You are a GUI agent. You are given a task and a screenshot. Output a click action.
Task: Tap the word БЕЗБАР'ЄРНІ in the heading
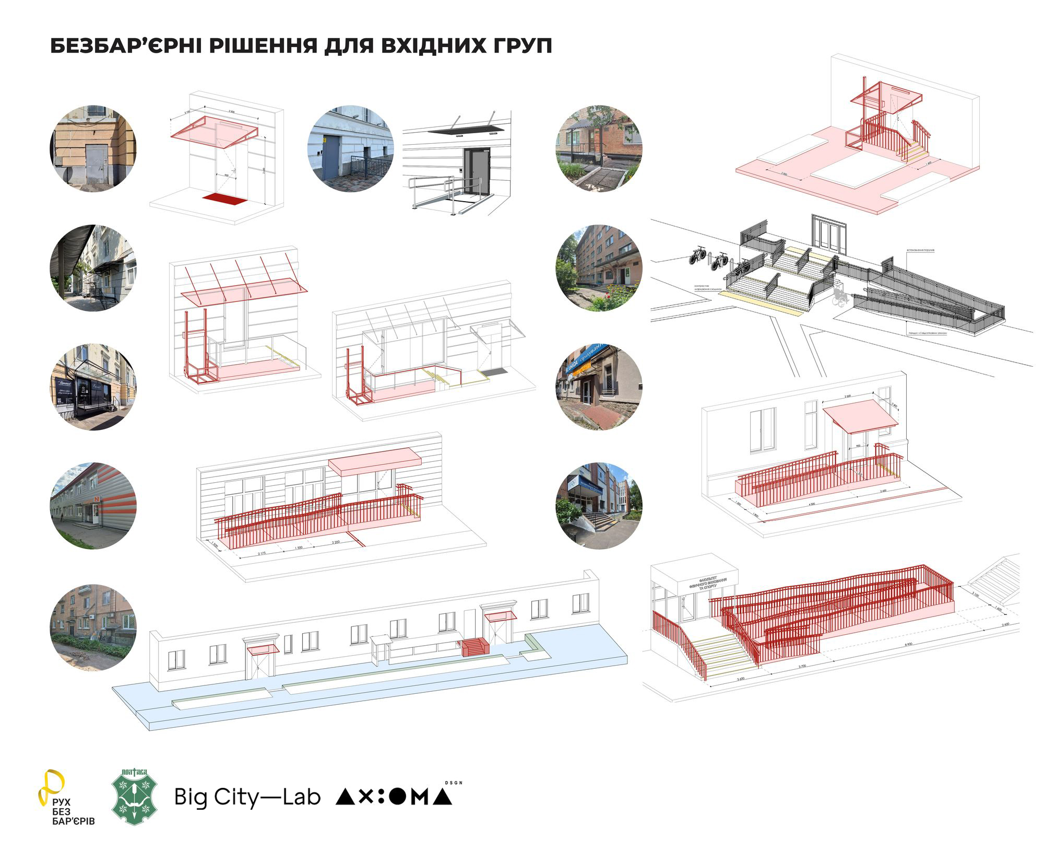pos(123,45)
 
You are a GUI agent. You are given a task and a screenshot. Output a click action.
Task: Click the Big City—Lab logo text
pos(247,797)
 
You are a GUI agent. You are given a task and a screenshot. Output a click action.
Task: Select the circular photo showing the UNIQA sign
pos(599,387)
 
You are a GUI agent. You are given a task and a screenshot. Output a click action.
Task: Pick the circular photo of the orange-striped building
pos(94,505)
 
